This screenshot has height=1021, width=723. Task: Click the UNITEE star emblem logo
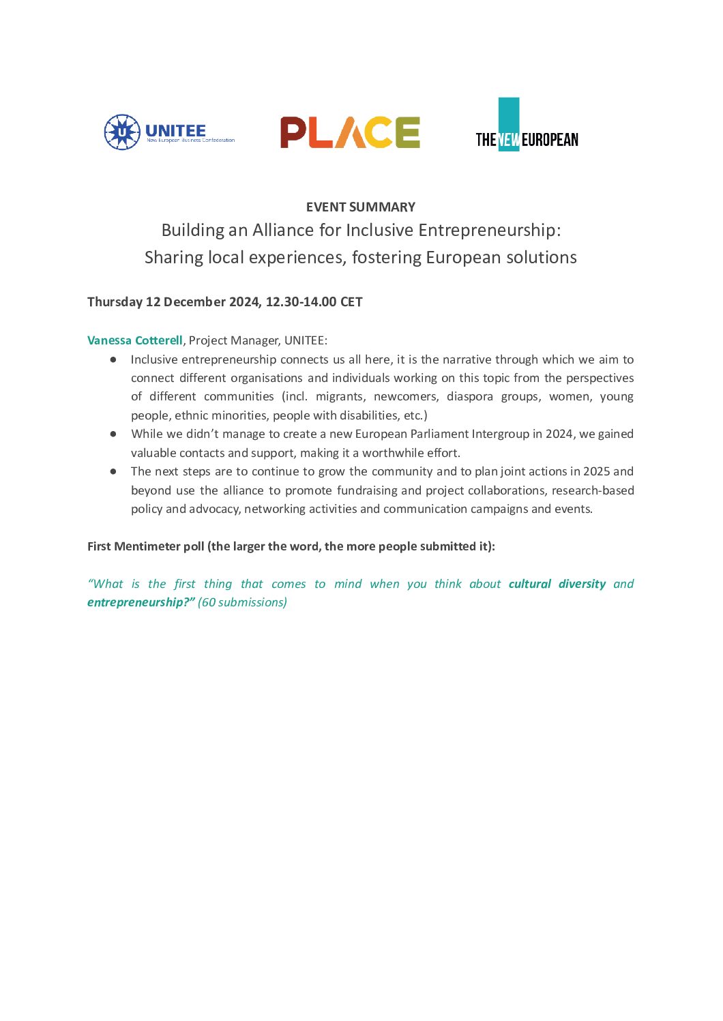click(x=122, y=132)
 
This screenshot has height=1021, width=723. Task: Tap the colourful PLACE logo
click(x=350, y=132)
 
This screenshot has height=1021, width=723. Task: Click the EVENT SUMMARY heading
click(x=361, y=207)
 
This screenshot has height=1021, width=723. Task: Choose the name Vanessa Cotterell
click(x=135, y=340)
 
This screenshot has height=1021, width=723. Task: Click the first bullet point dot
click(x=113, y=359)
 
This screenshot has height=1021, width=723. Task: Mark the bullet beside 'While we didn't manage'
click(x=113, y=434)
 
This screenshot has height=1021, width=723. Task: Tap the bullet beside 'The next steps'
click(x=113, y=471)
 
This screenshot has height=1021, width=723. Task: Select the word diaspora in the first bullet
click(x=470, y=397)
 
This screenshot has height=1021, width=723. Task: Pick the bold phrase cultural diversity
click(x=557, y=584)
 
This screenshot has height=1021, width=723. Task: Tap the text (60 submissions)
click(x=242, y=602)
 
